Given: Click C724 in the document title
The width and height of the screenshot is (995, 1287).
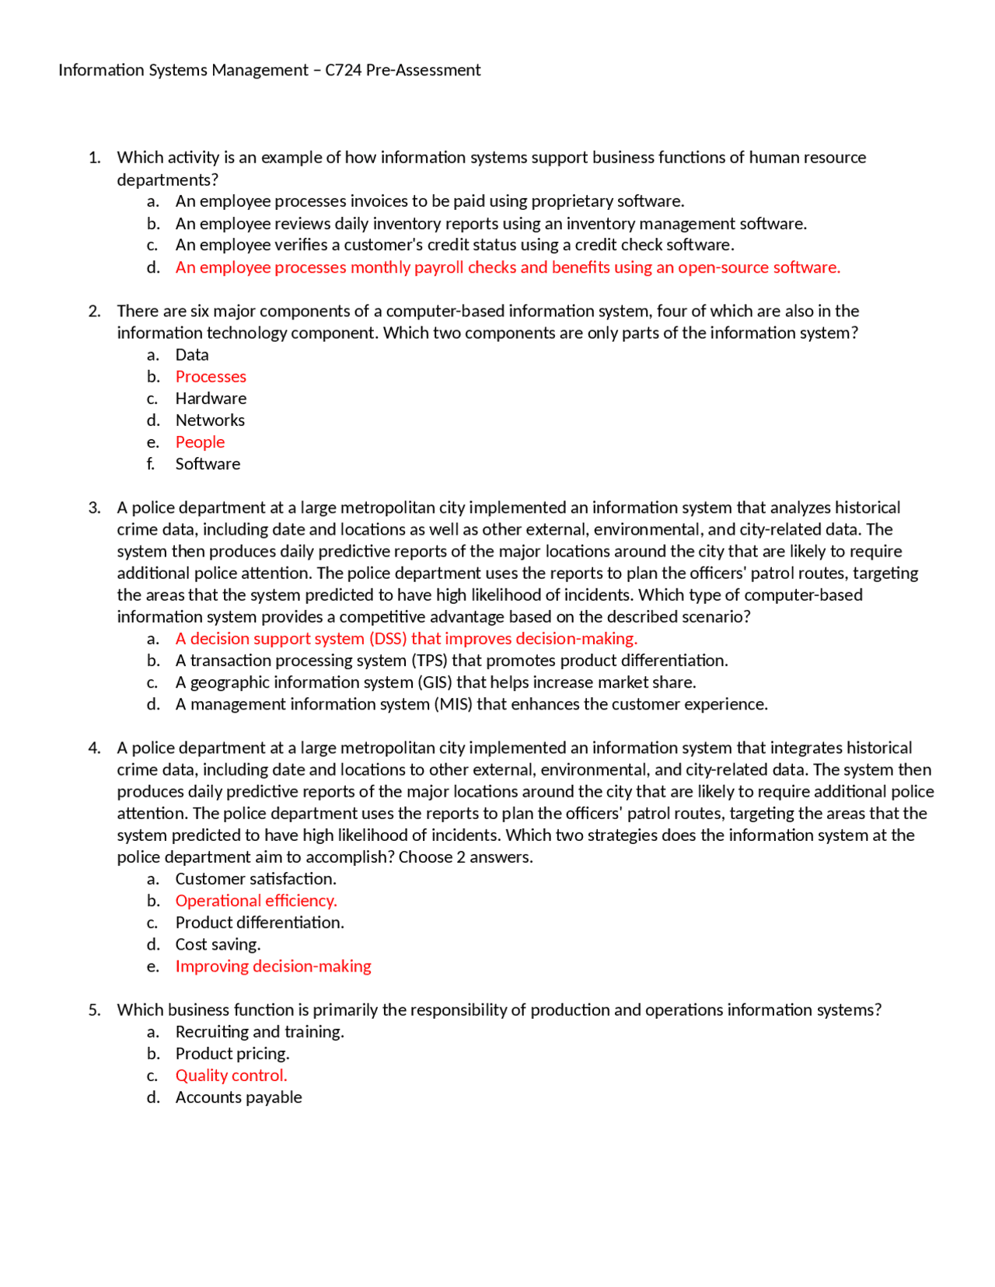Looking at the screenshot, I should click(343, 70).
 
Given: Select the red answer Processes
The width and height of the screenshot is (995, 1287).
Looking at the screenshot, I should click(211, 377).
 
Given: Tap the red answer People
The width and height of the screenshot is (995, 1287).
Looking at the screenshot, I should click(200, 442).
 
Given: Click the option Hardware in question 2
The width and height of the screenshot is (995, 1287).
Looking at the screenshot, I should click(211, 399).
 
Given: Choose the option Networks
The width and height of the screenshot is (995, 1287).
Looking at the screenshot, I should click(210, 420).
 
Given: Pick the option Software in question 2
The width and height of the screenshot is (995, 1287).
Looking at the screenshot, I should click(208, 464).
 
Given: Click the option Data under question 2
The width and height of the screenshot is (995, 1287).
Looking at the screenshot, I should click(192, 355).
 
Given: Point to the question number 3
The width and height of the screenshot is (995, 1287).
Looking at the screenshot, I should click(94, 508).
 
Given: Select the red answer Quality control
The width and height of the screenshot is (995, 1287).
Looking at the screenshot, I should click(231, 1076).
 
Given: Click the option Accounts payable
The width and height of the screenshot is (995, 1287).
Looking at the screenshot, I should click(239, 1097).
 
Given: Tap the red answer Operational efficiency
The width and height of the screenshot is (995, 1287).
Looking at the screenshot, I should click(256, 901).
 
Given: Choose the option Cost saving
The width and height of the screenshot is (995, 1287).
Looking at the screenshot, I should click(218, 944).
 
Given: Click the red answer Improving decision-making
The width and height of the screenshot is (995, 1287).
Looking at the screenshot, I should click(273, 966).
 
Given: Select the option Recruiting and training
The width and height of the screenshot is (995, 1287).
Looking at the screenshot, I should click(260, 1032).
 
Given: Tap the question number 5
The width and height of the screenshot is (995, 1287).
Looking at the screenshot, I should click(94, 1010).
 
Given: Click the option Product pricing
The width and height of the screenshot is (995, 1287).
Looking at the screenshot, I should click(232, 1054).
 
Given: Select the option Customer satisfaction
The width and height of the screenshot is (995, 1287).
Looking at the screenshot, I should click(256, 879).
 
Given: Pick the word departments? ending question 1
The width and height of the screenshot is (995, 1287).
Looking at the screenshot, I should click(167, 180).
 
